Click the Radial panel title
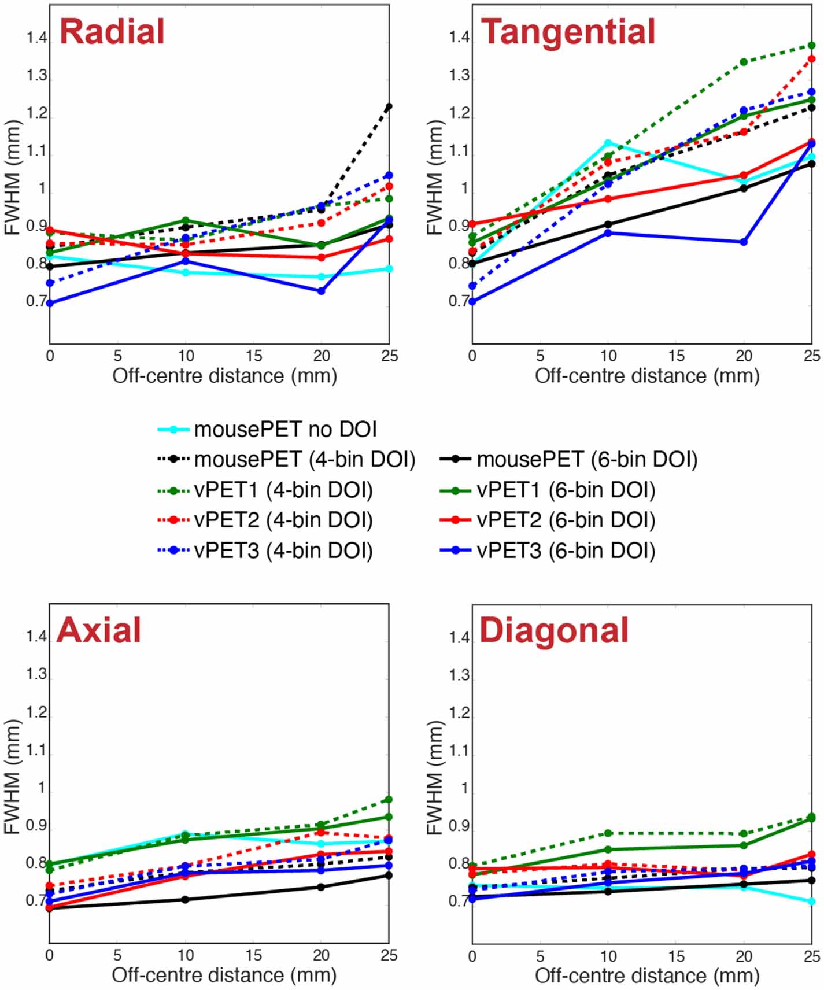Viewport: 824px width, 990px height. pyautogui.click(x=112, y=32)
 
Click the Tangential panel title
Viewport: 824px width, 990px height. pyautogui.click(x=568, y=32)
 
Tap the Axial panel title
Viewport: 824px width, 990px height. pyautogui.click(x=99, y=630)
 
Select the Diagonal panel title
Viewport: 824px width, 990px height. pyautogui.click(x=553, y=630)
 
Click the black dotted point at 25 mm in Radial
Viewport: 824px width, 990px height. pyautogui.click(x=389, y=106)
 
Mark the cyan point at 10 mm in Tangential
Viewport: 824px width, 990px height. pyautogui.click(x=608, y=143)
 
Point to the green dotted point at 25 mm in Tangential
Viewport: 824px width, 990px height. pyautogui.click(x=811, y=46)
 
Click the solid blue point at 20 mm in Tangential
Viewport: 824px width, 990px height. pyautogui.click(x=744, y=242)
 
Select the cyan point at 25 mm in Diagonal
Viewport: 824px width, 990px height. pyautogui.click(x=811, y=901)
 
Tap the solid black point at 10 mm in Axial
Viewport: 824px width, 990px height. pyautogui.click(x=186, y=899)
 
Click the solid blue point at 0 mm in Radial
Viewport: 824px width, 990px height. pyautogui.click(x=50, y=303)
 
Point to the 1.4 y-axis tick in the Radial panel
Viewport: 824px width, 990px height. pyautogui.click(x=36, y=39)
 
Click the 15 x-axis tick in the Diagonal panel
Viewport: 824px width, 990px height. pyautogui.click(x=676, y=956)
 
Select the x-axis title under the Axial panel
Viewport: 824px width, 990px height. pyautogui.click(x=224, y=975)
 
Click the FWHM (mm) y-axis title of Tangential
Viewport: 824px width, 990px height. pyautogui.click(x=434, y=177)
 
